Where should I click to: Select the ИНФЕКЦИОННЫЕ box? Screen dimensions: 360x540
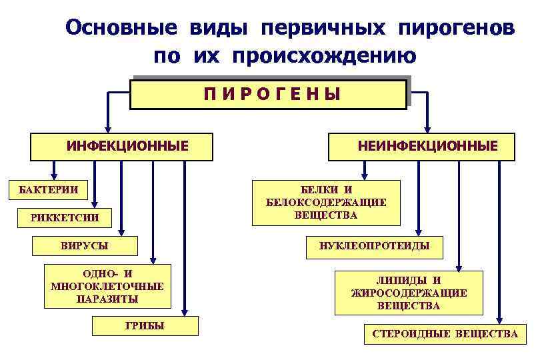[121, 146]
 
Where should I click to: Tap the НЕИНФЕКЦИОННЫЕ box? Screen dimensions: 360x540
[421, 146]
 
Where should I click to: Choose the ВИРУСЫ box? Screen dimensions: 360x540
[85, 245]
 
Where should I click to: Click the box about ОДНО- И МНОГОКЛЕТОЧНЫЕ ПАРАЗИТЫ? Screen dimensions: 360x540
[107, 287]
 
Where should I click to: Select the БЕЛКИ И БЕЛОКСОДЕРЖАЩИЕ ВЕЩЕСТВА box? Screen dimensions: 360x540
[325, 202]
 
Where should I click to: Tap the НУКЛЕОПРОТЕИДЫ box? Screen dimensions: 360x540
[374, 247]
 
